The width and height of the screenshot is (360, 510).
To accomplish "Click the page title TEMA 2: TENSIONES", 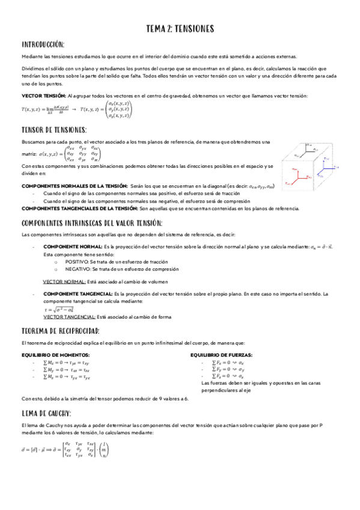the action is tap(180, 28).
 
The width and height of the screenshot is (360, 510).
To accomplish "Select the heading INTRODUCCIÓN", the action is tap(43, 45).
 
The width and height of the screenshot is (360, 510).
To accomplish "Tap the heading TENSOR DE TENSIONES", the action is tap(54, 129).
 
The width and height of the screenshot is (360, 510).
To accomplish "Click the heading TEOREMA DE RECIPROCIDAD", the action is tap(60, 331).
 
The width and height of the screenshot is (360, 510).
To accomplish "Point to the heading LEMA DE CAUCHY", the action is tap(46, 413).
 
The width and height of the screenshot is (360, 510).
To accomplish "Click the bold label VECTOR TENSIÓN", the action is tap(43, 96).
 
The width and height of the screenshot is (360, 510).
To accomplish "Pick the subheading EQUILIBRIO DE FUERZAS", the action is tap(221, 355).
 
